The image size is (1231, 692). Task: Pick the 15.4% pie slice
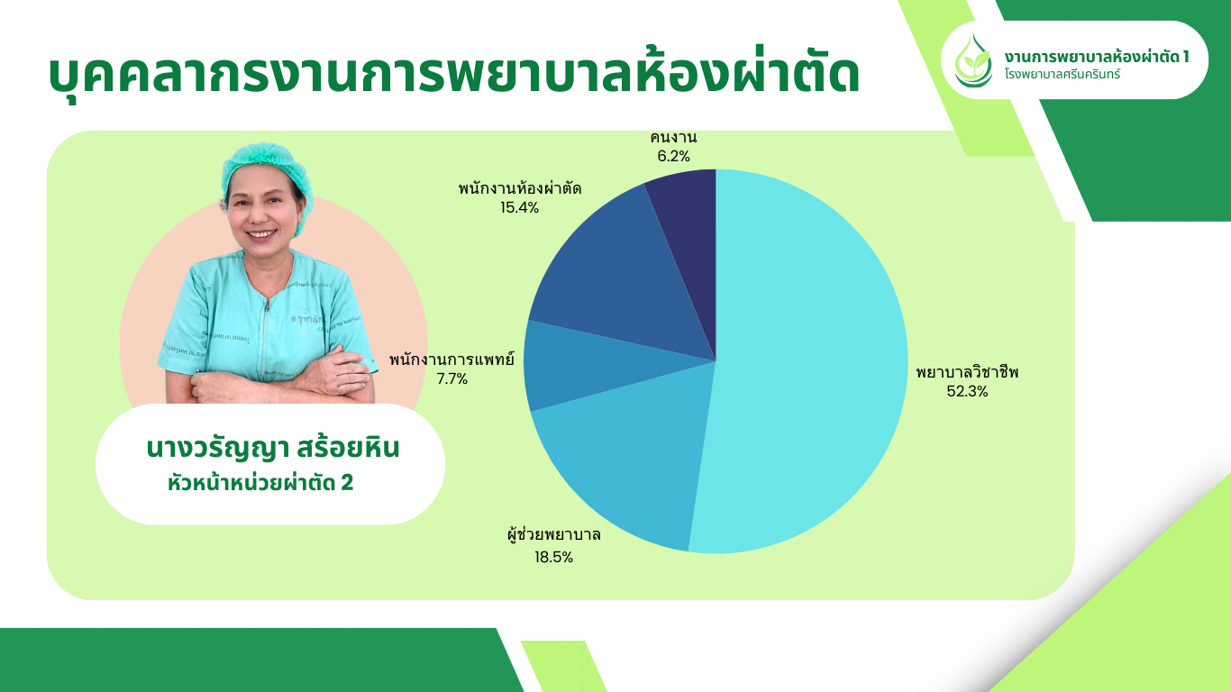coord(615,275)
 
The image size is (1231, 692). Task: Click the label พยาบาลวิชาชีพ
coord(967,372)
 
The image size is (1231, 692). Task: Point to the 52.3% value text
coord(967,391)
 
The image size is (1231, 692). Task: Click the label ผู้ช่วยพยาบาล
coord(554,534)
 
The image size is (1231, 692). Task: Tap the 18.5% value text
coord(554,558)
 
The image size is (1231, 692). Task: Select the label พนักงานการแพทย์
coord(451,360)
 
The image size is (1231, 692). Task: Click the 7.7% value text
coord(452,378)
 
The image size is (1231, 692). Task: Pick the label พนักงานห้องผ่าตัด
coord(520,188)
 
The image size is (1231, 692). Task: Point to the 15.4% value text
coord(519,208)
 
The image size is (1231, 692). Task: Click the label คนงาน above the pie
coord(673,137)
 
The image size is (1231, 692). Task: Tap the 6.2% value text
coord(673,156)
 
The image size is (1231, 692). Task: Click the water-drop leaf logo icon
coord(973,61)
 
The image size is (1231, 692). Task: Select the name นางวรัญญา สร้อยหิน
coord(273,448)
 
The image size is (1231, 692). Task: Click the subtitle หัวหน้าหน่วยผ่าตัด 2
coord(260,483)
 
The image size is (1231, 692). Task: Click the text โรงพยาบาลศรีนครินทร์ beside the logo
coord(1062,74)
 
